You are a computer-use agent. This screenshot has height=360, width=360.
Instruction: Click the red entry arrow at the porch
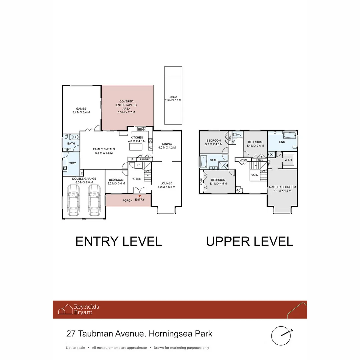[139, 196]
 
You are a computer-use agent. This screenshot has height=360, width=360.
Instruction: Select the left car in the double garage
[74, 200]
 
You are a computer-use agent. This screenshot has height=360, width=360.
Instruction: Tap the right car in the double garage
[94, 200]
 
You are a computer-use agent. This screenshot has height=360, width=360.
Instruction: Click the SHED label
[173, 97]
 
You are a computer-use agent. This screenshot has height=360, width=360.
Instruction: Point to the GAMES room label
[81, 109]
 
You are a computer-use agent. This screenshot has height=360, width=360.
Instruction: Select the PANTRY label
[145, 160]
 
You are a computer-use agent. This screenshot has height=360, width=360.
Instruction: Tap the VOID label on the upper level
[255, 175]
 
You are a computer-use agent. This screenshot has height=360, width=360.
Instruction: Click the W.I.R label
[289, 159]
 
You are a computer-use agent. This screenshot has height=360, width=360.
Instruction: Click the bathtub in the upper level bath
[204, 162]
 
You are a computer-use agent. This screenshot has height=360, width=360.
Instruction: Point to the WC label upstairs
[239, 135]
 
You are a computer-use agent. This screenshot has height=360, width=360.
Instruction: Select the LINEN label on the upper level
[243, 160]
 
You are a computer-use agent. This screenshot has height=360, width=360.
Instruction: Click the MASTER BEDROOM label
[282, 187]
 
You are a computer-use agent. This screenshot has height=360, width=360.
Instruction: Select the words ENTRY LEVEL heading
[118, 241]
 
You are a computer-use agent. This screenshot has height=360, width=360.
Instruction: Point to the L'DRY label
[72, 163]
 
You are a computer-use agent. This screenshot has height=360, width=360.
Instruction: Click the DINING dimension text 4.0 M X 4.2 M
[167, 148]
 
